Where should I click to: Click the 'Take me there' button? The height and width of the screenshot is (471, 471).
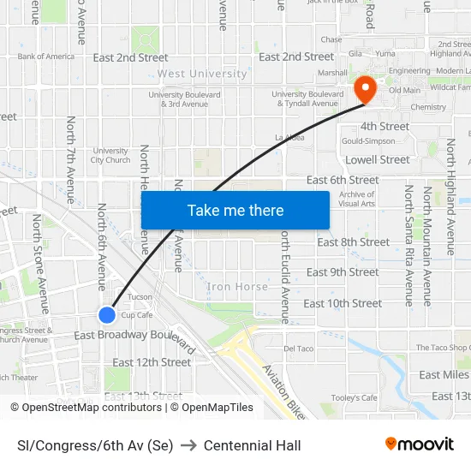tap(235, 210)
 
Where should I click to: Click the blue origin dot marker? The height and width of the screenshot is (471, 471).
tap(107, 315)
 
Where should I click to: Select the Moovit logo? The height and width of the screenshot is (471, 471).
tap(419, 444)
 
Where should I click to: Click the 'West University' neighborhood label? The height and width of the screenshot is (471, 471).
tap(202, 75)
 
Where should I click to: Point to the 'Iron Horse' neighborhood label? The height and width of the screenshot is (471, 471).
tap(237, 287)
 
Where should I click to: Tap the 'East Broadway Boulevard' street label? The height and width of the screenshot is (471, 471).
tap(135, 337)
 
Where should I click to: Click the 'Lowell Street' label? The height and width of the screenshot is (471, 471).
tap(377, 159)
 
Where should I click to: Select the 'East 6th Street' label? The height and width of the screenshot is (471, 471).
tap(343, 180)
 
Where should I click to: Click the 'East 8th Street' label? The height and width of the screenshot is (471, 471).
tap(354, 242)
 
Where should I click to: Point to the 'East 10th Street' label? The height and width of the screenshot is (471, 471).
tap(343, 303)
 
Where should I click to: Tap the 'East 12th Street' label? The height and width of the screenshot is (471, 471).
tap(152, 362)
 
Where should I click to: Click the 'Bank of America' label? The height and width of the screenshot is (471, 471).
tap(46, 57)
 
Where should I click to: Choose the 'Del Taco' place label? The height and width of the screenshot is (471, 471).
tap(300, 349)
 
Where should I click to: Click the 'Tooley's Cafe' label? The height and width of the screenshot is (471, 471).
tap(354, 397)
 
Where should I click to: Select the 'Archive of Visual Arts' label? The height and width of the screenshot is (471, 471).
tap(356, 199)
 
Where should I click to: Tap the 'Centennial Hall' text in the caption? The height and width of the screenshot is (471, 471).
tap(252, 445)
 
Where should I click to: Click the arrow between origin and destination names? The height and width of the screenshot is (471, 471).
tap(188, 445)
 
